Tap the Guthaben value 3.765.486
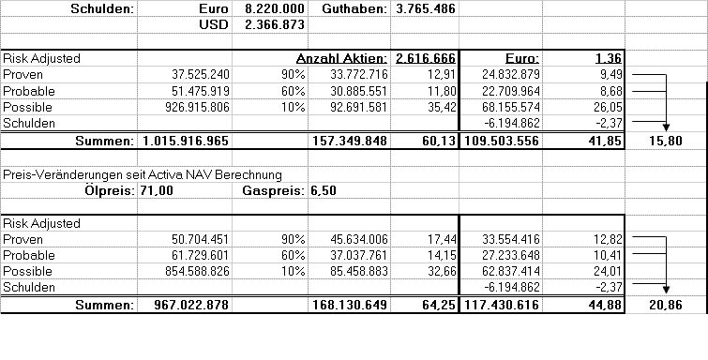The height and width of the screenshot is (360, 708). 426,8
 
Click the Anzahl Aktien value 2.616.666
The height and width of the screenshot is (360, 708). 426,58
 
